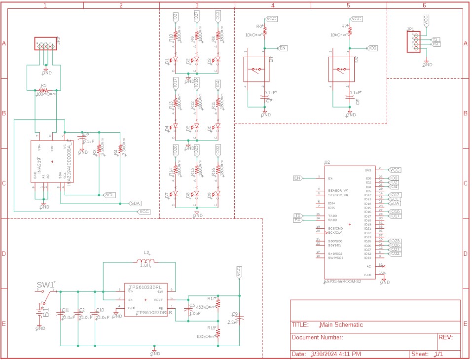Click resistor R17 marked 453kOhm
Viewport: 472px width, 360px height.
click(218, 303)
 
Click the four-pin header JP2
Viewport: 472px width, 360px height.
click(44, 44)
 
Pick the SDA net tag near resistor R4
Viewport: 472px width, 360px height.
click(135, 203)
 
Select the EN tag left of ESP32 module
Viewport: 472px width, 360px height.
click(297, 178)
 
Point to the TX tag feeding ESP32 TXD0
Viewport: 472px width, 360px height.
click(297, 216)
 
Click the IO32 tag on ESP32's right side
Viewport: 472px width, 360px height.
click(395, 253)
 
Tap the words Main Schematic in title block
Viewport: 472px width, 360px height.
click(341, 324)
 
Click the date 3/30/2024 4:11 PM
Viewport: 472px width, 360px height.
click(336, 354)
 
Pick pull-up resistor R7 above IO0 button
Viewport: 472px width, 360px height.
click(350, 31)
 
